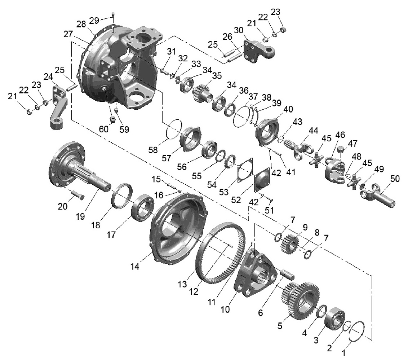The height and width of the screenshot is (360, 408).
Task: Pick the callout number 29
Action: (x=94, y=20)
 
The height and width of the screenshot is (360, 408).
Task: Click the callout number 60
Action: (x=103, y=129)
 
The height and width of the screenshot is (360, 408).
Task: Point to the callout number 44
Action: (x=313, y=130)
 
